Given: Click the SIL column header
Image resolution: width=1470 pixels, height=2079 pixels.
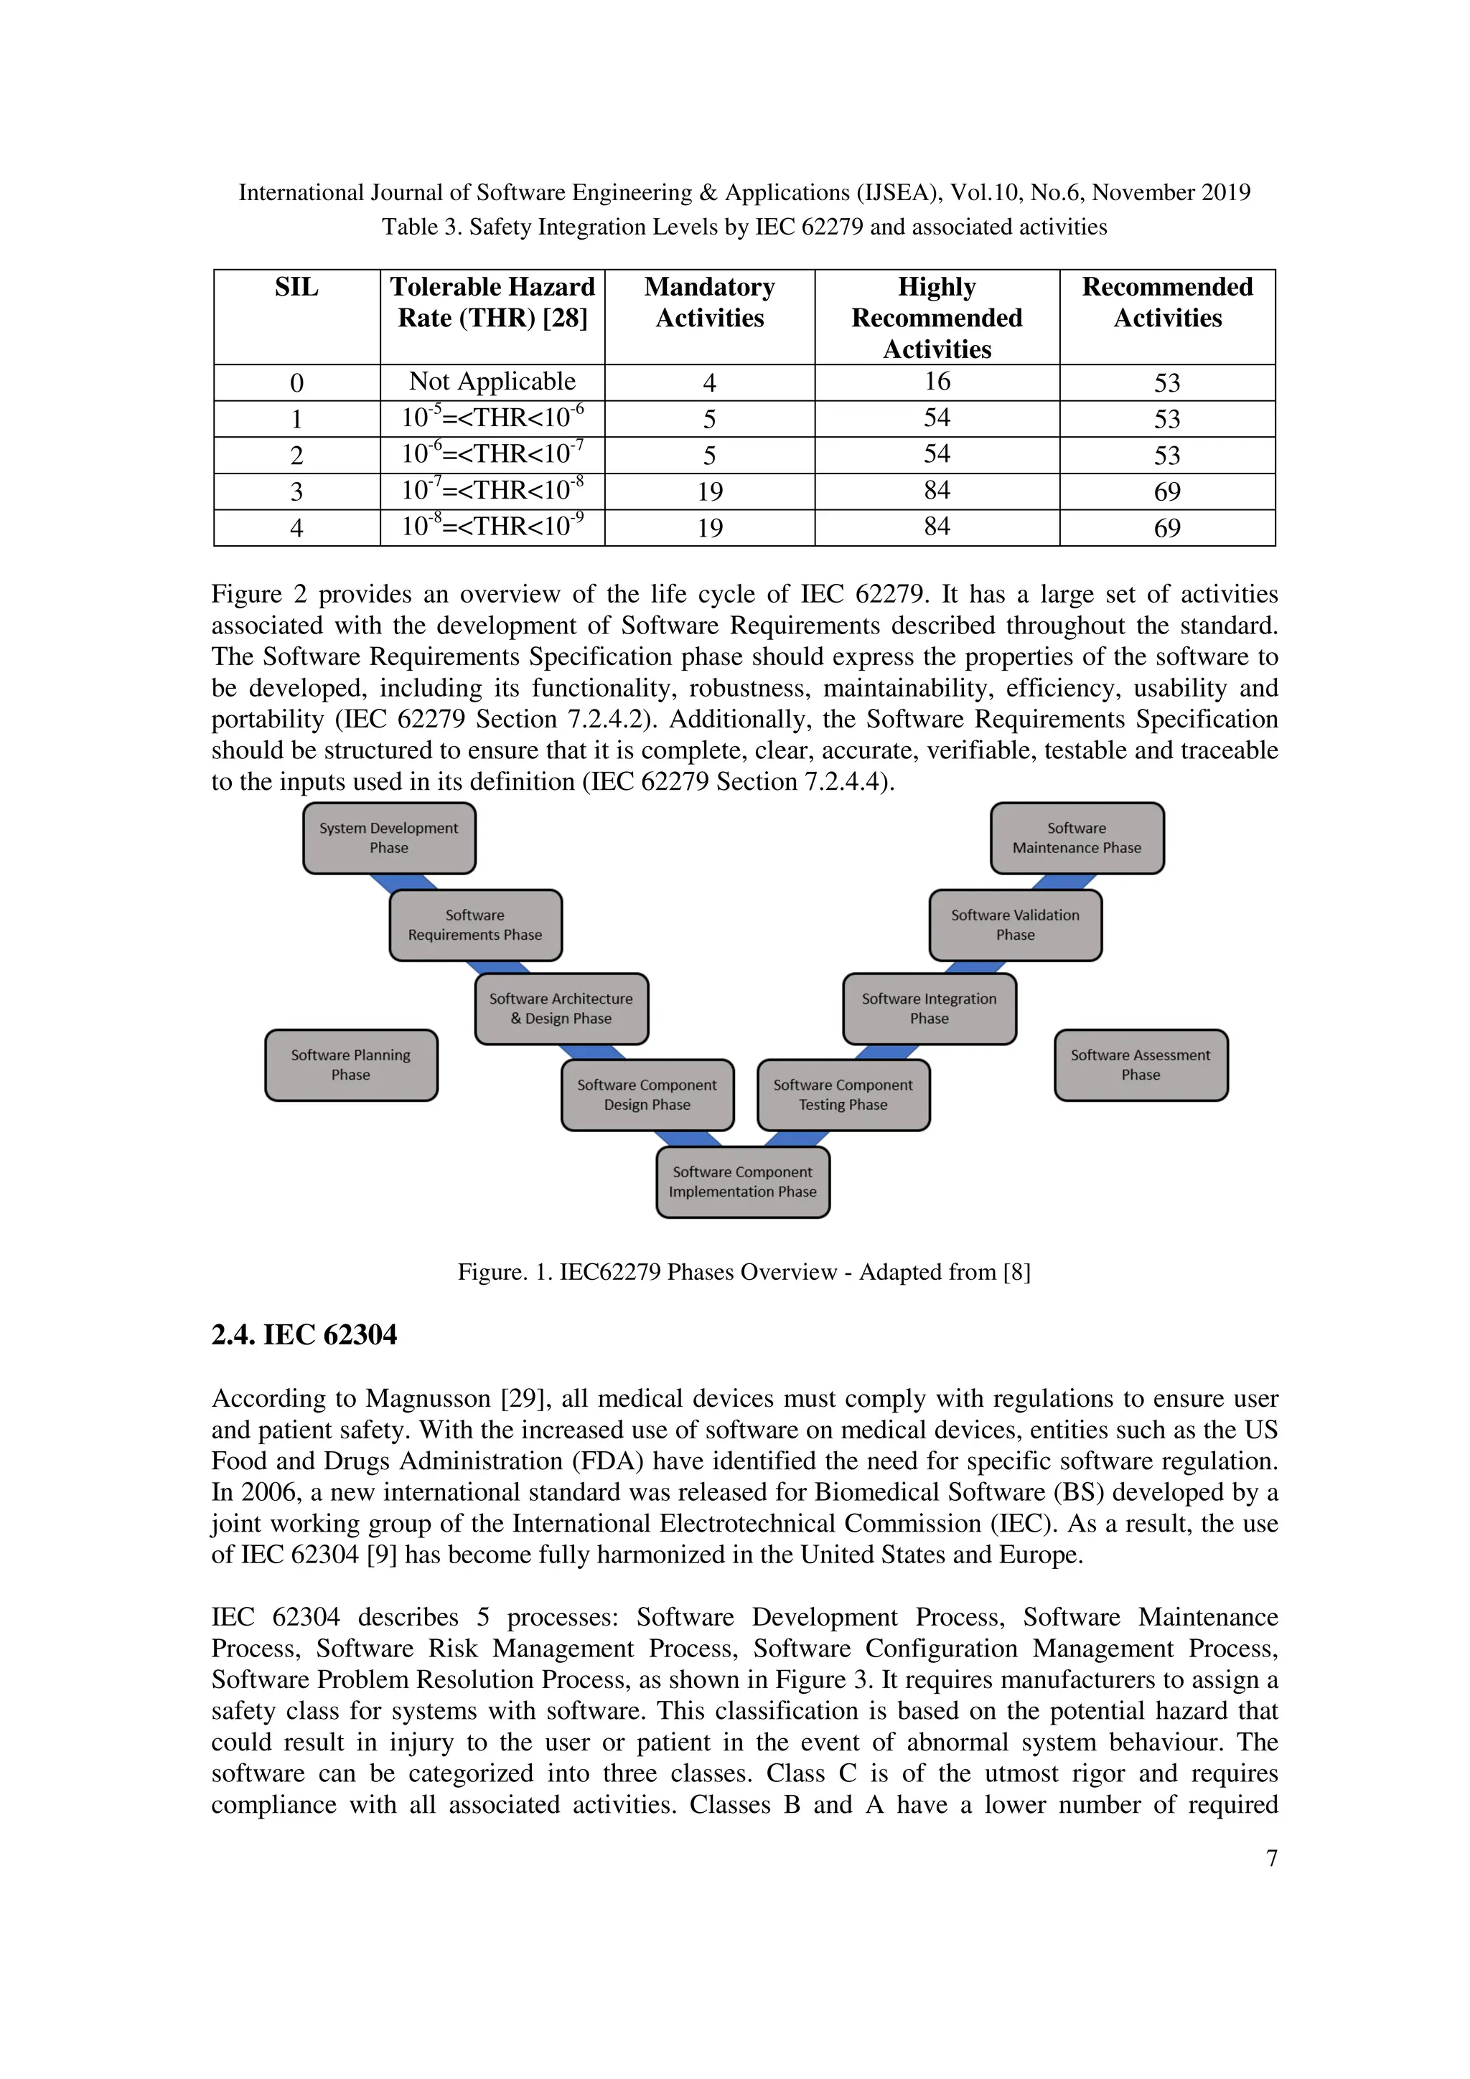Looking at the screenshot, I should click(296, 288).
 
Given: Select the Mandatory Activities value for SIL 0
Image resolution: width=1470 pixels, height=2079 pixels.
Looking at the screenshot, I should click(709, 383).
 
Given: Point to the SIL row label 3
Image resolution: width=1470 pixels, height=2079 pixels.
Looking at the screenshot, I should click(296, 491).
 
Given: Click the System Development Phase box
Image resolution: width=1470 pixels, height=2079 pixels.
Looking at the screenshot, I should click(388, 838).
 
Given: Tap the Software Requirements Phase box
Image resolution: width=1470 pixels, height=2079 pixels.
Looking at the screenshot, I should click(474, 925).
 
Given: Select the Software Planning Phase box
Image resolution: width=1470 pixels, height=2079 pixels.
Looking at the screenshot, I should click(350, 1065).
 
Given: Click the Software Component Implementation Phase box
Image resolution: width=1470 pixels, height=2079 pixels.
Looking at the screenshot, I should click(743, 1182).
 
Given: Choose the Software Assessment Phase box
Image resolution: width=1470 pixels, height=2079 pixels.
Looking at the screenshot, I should click(1141, 1065).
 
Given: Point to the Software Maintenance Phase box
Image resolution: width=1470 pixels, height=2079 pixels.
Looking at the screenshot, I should click(1076, 838).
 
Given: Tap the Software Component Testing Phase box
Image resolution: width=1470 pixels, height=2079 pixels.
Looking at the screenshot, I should click(843, 1095).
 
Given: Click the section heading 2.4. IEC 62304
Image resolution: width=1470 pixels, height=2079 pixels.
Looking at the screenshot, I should click(304, 1334).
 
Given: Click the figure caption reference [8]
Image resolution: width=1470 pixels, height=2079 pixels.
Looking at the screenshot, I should click(1016, 1272).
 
